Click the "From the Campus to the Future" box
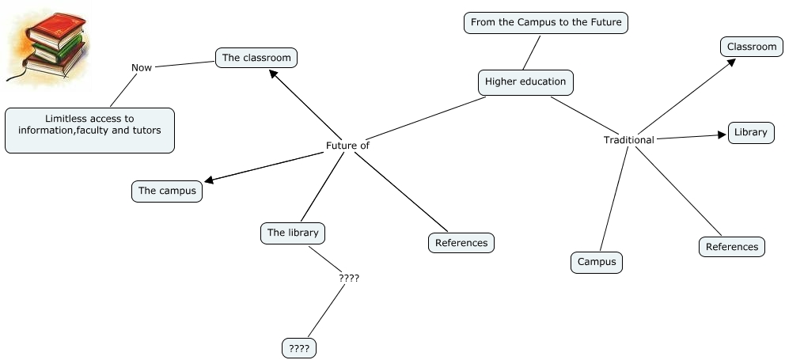point(546,23)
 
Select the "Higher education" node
point(525,81)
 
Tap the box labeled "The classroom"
point(257,58)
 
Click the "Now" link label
point(142,68)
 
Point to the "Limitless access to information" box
point(89,131)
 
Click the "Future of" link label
point(347,146)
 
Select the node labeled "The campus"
point(167,191)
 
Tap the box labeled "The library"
point(293,233)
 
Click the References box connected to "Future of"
point(461,243)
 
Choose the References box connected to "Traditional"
point(732,247)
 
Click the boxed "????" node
point(299,347)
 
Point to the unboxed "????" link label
point(349,279)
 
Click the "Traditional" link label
point(628,140)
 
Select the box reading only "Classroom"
point(752,47)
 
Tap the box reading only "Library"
point(750,132)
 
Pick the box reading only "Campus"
point(597,262)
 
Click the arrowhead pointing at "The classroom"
point(274,74)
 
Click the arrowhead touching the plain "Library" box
point(722,135)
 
